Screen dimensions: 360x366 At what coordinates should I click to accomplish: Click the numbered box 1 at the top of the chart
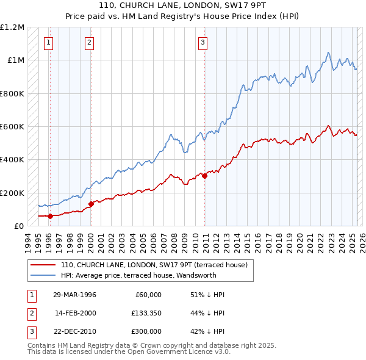[48, 43]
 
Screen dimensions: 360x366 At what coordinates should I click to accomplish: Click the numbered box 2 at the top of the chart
[89, 43]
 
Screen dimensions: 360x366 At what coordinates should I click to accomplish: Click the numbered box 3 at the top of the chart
[203, 43]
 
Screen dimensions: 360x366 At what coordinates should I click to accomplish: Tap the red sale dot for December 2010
[204, 177]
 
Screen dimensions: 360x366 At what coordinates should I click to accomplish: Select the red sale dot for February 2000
[91, 204]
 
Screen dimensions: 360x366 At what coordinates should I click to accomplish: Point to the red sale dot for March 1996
[50, 216]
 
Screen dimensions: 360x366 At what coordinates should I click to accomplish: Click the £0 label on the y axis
[18, 226]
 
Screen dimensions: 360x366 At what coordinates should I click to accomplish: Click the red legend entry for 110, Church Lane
[154, 265]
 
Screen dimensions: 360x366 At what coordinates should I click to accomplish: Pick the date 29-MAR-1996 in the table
[74, 295]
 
